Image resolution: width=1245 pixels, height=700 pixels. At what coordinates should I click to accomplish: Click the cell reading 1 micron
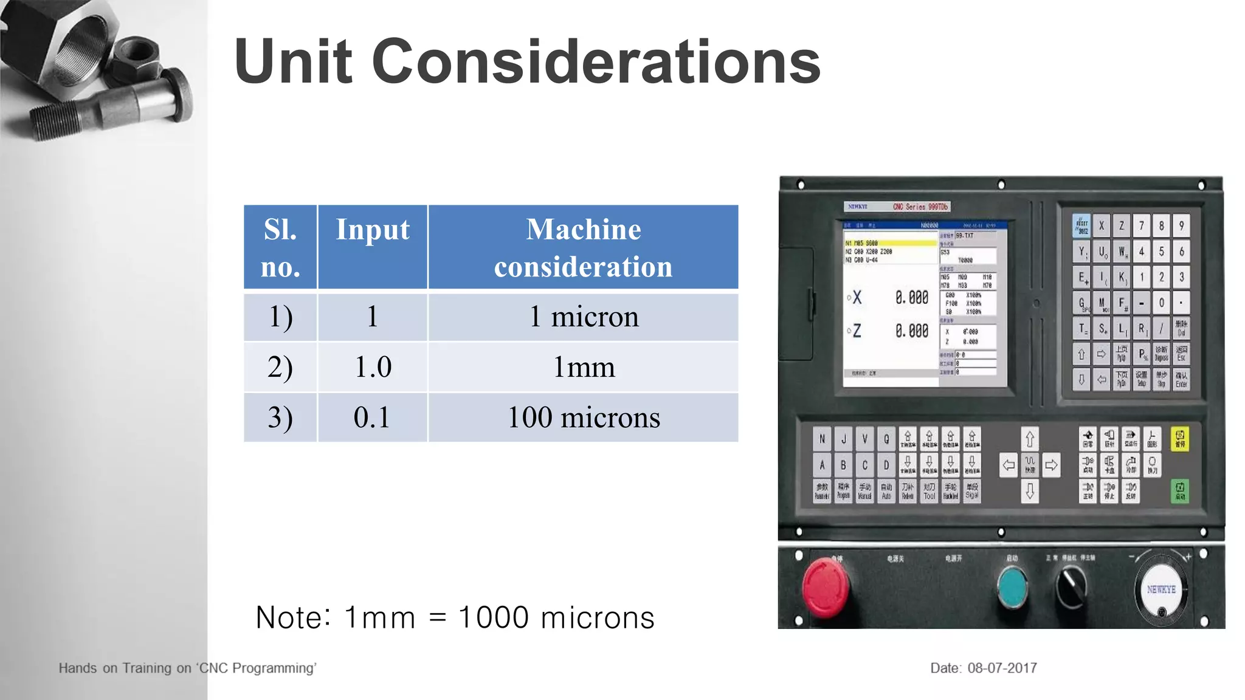(583, 317)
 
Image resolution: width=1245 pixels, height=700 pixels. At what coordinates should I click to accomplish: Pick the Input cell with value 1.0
(373, 367)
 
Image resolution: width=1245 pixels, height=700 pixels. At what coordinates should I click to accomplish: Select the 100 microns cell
(583, 417)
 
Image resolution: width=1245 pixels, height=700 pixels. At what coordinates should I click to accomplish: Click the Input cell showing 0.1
(373, 417)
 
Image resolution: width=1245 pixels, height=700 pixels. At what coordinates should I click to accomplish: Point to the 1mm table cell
(583, 367)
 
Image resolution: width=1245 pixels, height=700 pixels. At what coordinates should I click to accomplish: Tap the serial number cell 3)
(280, 417)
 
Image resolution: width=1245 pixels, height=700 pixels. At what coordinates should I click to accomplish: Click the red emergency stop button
(825, 587)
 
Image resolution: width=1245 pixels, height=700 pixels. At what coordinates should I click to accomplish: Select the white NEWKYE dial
(1161, 589)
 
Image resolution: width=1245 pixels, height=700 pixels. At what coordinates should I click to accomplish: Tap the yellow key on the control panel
(1179, 439)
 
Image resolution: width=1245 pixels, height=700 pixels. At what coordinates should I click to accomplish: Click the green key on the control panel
(1179, 490)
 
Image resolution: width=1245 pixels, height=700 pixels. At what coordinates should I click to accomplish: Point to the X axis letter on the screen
(857, 298)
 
